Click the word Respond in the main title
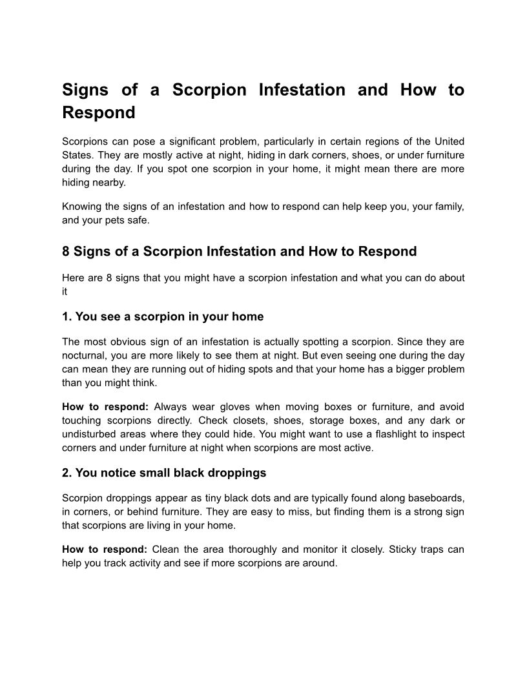coord(99,112)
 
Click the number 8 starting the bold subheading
coord(66,251)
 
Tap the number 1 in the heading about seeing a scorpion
coord(67,316)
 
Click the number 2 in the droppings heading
coord(67,473)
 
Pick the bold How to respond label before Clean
coord(105,550)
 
